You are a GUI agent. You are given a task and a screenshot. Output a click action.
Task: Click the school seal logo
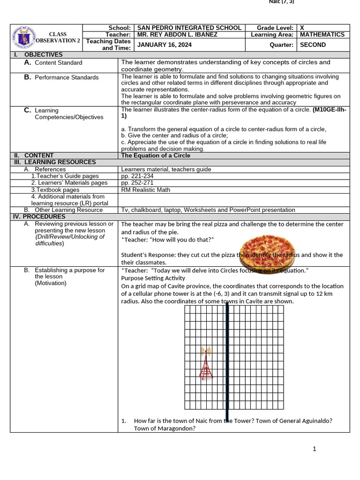(26, 37)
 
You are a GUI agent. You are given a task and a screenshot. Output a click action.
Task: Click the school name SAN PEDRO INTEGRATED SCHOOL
(189, 28)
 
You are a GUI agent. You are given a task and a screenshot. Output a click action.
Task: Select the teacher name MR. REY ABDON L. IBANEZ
(177, 35)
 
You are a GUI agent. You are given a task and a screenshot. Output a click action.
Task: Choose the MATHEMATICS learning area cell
(322, 35)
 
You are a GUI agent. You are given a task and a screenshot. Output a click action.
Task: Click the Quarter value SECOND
(313, 45)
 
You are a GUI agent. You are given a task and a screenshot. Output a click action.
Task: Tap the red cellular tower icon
(206, 363)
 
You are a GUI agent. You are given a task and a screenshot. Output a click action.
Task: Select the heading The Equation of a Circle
(156, 156)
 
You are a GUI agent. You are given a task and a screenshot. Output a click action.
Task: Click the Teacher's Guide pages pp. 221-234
(137, 176)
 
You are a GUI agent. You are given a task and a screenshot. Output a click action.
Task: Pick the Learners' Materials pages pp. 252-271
(137, 183)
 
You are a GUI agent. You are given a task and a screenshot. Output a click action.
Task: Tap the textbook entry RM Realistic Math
(145, 190)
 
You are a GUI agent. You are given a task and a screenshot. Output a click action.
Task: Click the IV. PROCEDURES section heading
(38, 217)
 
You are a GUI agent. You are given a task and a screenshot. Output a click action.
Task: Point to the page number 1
(315, 449)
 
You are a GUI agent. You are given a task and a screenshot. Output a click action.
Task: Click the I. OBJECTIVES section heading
(38, 55)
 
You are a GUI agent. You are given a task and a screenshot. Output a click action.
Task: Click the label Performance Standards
(67, 77)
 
